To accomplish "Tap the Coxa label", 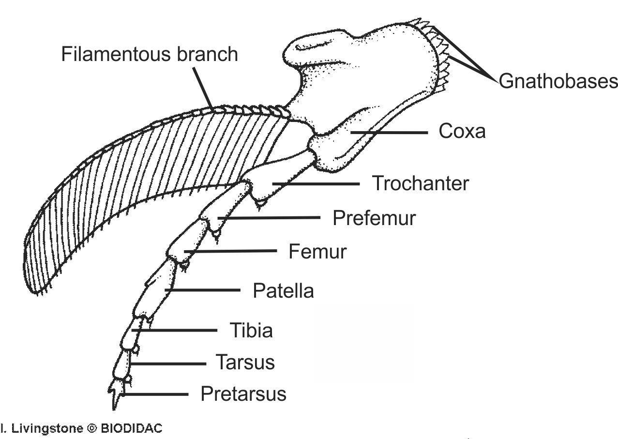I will [x=462, y=132].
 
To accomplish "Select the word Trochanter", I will [x=420, y=184].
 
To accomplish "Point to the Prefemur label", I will [x=374, y=218].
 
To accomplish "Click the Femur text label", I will [x=317, y=252].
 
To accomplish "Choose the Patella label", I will [x=283, y=291].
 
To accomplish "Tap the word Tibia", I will [x=251, y=331].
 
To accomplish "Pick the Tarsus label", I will [x=245, y=363].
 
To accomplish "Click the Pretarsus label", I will [x=243, y=394].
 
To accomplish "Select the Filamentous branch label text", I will [x=150, y=54].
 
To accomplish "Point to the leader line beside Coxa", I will [x=390, y=132].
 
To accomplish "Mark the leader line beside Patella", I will [x=203, y=290].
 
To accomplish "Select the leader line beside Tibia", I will [x=175, y=331].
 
